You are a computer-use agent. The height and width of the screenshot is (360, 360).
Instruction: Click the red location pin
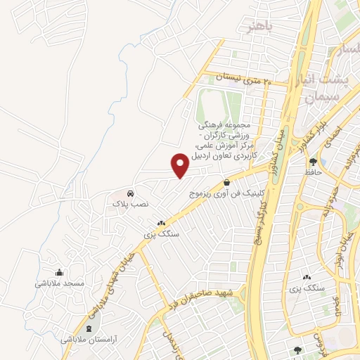point(181,165)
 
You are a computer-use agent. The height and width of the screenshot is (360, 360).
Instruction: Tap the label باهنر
point(258,27)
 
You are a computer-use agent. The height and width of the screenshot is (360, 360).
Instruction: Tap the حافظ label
point(313,172)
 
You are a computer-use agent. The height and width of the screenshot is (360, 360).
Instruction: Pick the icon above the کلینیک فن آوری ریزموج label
point(226,182)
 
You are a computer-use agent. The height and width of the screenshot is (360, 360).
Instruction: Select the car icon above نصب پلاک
point(131,193)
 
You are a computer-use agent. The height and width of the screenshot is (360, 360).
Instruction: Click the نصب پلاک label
point(131,203)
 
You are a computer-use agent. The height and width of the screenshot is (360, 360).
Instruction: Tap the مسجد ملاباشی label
point(60,283)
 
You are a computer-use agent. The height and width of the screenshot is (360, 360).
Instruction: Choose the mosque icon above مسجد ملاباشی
point(60,273)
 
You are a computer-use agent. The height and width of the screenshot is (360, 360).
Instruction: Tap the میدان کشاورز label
point(281,134)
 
